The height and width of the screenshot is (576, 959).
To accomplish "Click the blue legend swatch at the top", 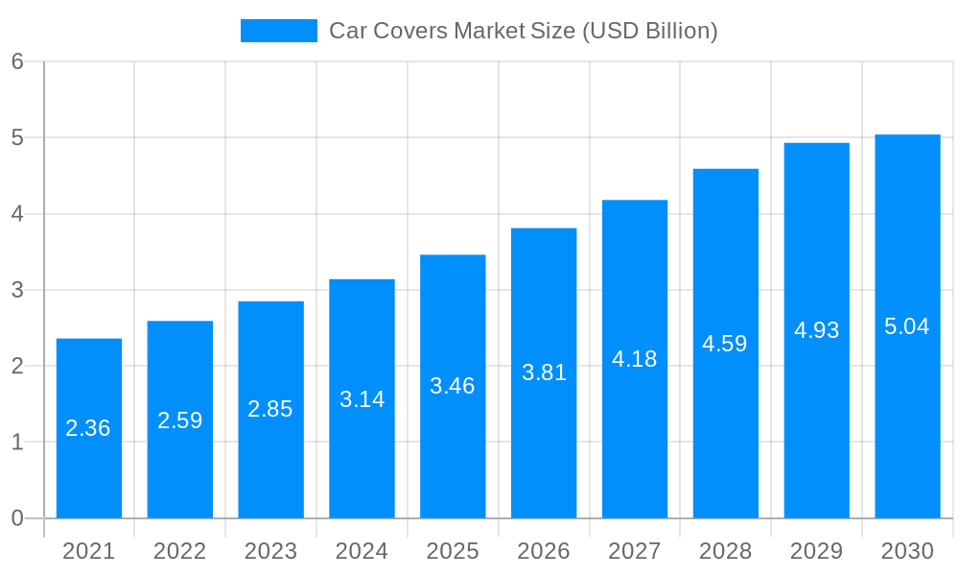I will click(278, 31).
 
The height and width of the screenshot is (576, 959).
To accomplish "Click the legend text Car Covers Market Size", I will click(523, 31).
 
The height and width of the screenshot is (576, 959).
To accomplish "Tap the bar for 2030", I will click(907, 403).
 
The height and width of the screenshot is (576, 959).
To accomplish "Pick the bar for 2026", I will click(544, 442).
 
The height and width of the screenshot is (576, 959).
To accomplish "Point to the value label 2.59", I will click(180, 420).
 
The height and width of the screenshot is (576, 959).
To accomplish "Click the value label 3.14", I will click(362, 399).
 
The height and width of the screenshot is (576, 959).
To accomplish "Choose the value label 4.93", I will click(816, 330).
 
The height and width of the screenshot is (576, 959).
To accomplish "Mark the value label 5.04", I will click(907, 326).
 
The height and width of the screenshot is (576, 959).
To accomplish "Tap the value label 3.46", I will click(453, 386).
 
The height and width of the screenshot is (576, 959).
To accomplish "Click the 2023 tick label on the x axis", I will click(270, 551).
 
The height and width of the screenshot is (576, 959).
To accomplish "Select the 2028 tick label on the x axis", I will click(725, 551).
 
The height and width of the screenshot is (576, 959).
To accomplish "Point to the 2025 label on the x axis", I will click(453, 551).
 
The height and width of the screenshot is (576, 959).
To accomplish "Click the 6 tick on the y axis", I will click(17, 61).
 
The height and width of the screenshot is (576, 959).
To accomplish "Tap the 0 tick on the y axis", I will click(17, 518).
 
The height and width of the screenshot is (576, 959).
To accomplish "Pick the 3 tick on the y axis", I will click(17, 290).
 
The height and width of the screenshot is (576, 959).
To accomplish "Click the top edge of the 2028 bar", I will click(726, 170).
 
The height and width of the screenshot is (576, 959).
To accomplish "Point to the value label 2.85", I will click(270, 409).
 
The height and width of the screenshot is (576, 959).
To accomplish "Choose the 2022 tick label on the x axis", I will click(180, 551).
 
